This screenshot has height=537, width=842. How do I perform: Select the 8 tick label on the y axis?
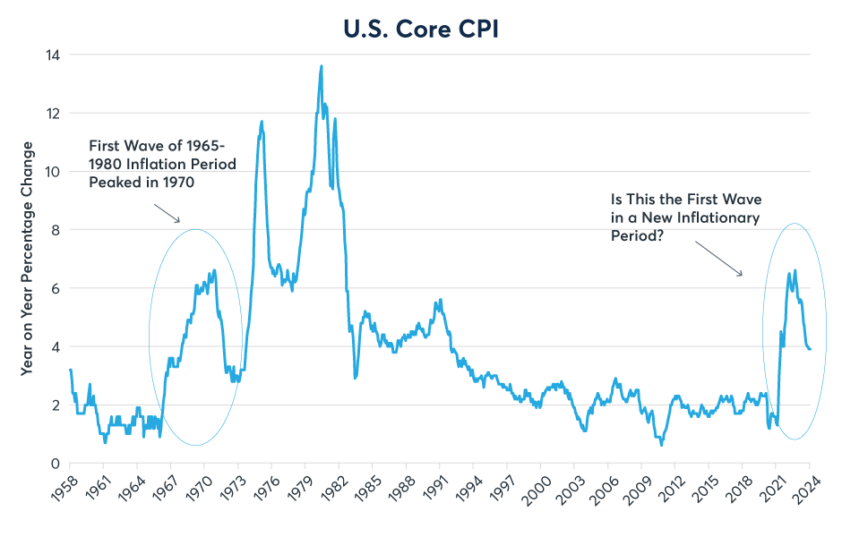(x=53, y=230)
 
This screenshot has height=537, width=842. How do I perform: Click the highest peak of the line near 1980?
(x=322, y=65)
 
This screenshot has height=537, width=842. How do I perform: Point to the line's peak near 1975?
(x=262, y=122)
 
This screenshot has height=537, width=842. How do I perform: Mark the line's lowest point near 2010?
(x=661, y=445)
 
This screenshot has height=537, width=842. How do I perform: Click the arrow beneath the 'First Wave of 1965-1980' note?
(x=168, y=213)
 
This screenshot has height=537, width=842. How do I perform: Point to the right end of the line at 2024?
(x=810, y=349)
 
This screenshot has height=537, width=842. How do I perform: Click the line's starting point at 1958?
(x=70, y=370)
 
